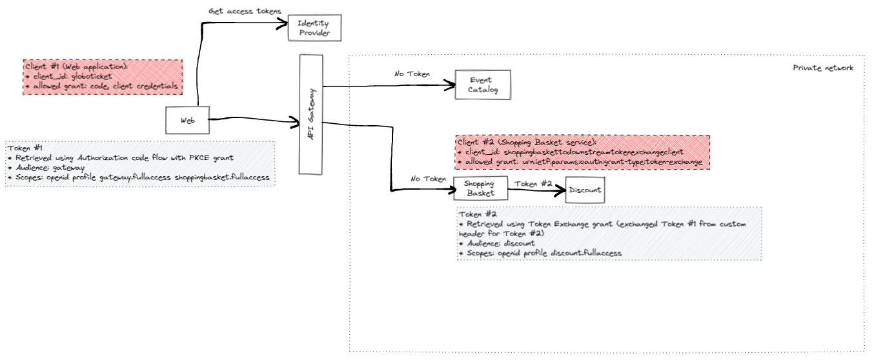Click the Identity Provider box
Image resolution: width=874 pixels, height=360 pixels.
click(314, 28)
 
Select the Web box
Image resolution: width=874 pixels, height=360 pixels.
click(187, 121)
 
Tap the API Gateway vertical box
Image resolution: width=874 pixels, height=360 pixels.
click(310, 114)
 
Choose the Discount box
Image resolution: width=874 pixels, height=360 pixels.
click(585, 190)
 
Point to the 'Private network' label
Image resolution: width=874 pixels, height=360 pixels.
click(822, 68)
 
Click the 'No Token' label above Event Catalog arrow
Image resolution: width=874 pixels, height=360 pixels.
click(412, 74)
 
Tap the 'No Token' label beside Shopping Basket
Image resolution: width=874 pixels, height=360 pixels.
click(428, 179)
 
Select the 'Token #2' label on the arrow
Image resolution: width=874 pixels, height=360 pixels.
click(533, 183)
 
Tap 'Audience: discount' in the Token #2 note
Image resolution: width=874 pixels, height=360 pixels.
click(499, 243)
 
